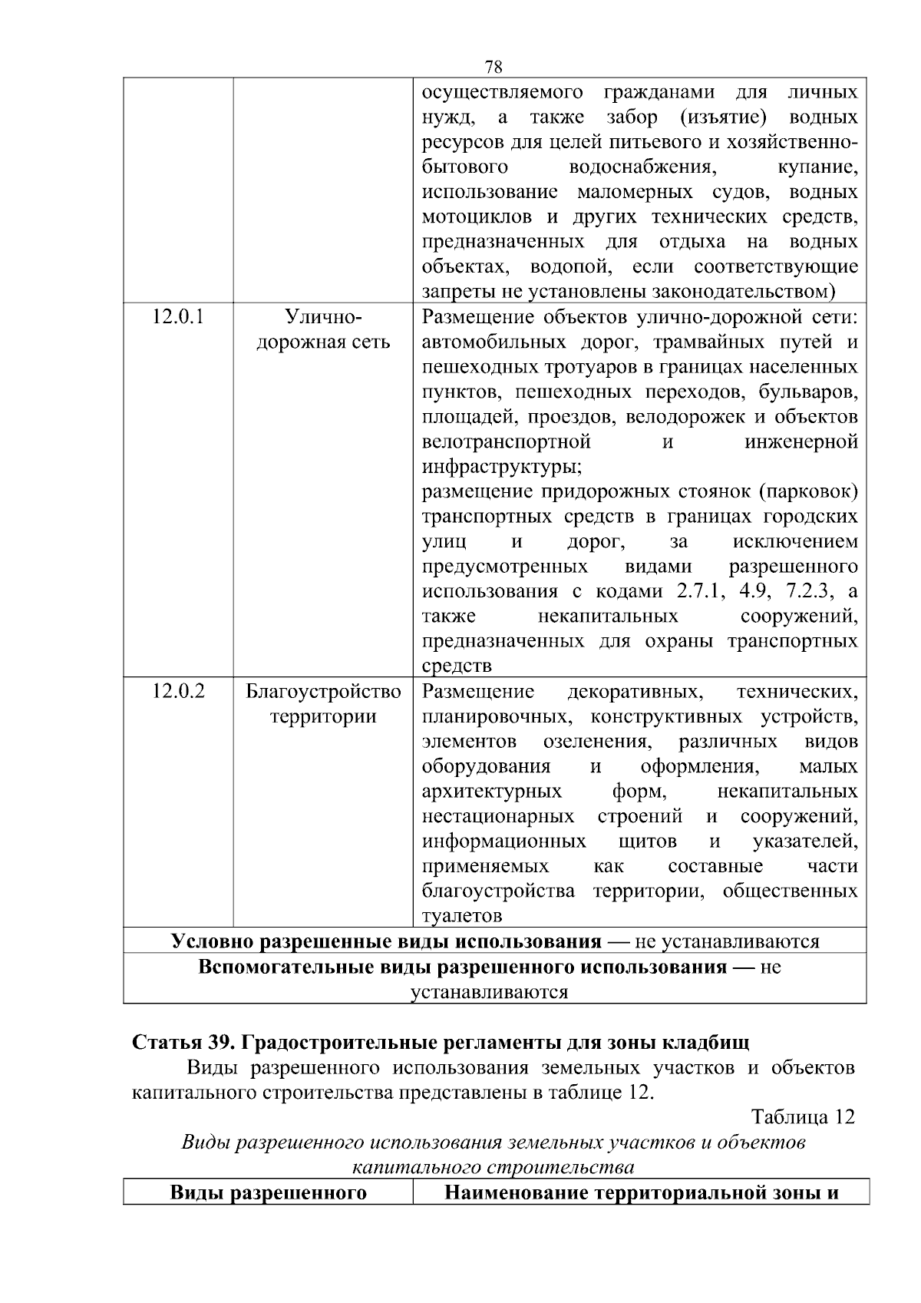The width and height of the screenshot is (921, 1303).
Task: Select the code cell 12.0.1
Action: pos(178,316)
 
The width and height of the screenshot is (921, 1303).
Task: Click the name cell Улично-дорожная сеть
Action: pos(322,329)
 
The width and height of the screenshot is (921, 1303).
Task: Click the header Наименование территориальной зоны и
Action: pos(640,1193)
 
